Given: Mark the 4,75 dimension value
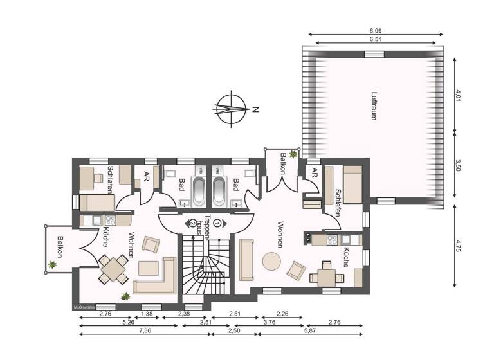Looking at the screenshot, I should tap(459, 247).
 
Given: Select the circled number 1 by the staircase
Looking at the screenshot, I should tap(218, 223).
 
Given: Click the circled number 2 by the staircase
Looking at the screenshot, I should tap(192, 223).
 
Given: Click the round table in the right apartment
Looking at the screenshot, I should tap(271, 260).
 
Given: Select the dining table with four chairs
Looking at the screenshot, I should tap(113, 268).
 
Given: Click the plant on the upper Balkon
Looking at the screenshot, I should tap(294, 154).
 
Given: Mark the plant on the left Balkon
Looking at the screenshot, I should tap(52, 264).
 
